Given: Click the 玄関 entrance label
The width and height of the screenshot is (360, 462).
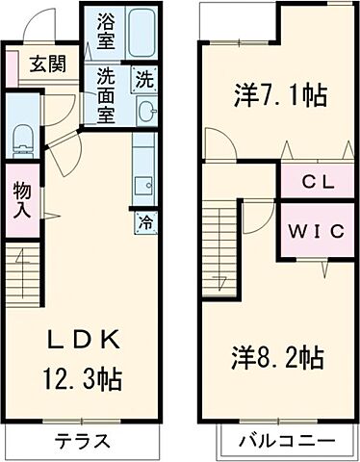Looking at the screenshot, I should (45, 64).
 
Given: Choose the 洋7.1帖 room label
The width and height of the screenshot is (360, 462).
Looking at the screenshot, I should (279, 95).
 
